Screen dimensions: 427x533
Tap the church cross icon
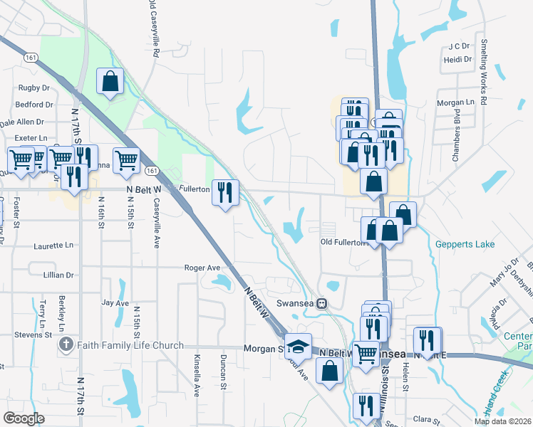(66, 346)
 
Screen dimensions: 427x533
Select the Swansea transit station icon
(322, 304)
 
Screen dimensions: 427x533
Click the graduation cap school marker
(299, 346)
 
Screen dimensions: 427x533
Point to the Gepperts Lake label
(465, 245)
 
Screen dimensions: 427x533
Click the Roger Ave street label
(202, 268)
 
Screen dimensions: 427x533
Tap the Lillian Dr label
(58, 275)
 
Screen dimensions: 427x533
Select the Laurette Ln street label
(53, 246)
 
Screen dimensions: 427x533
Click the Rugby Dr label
(33, 88)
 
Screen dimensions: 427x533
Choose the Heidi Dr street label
(458, 60)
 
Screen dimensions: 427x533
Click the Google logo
(24, 418)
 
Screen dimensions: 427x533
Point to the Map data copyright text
(502, 421)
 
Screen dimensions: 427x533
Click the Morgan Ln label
(456, 102)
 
